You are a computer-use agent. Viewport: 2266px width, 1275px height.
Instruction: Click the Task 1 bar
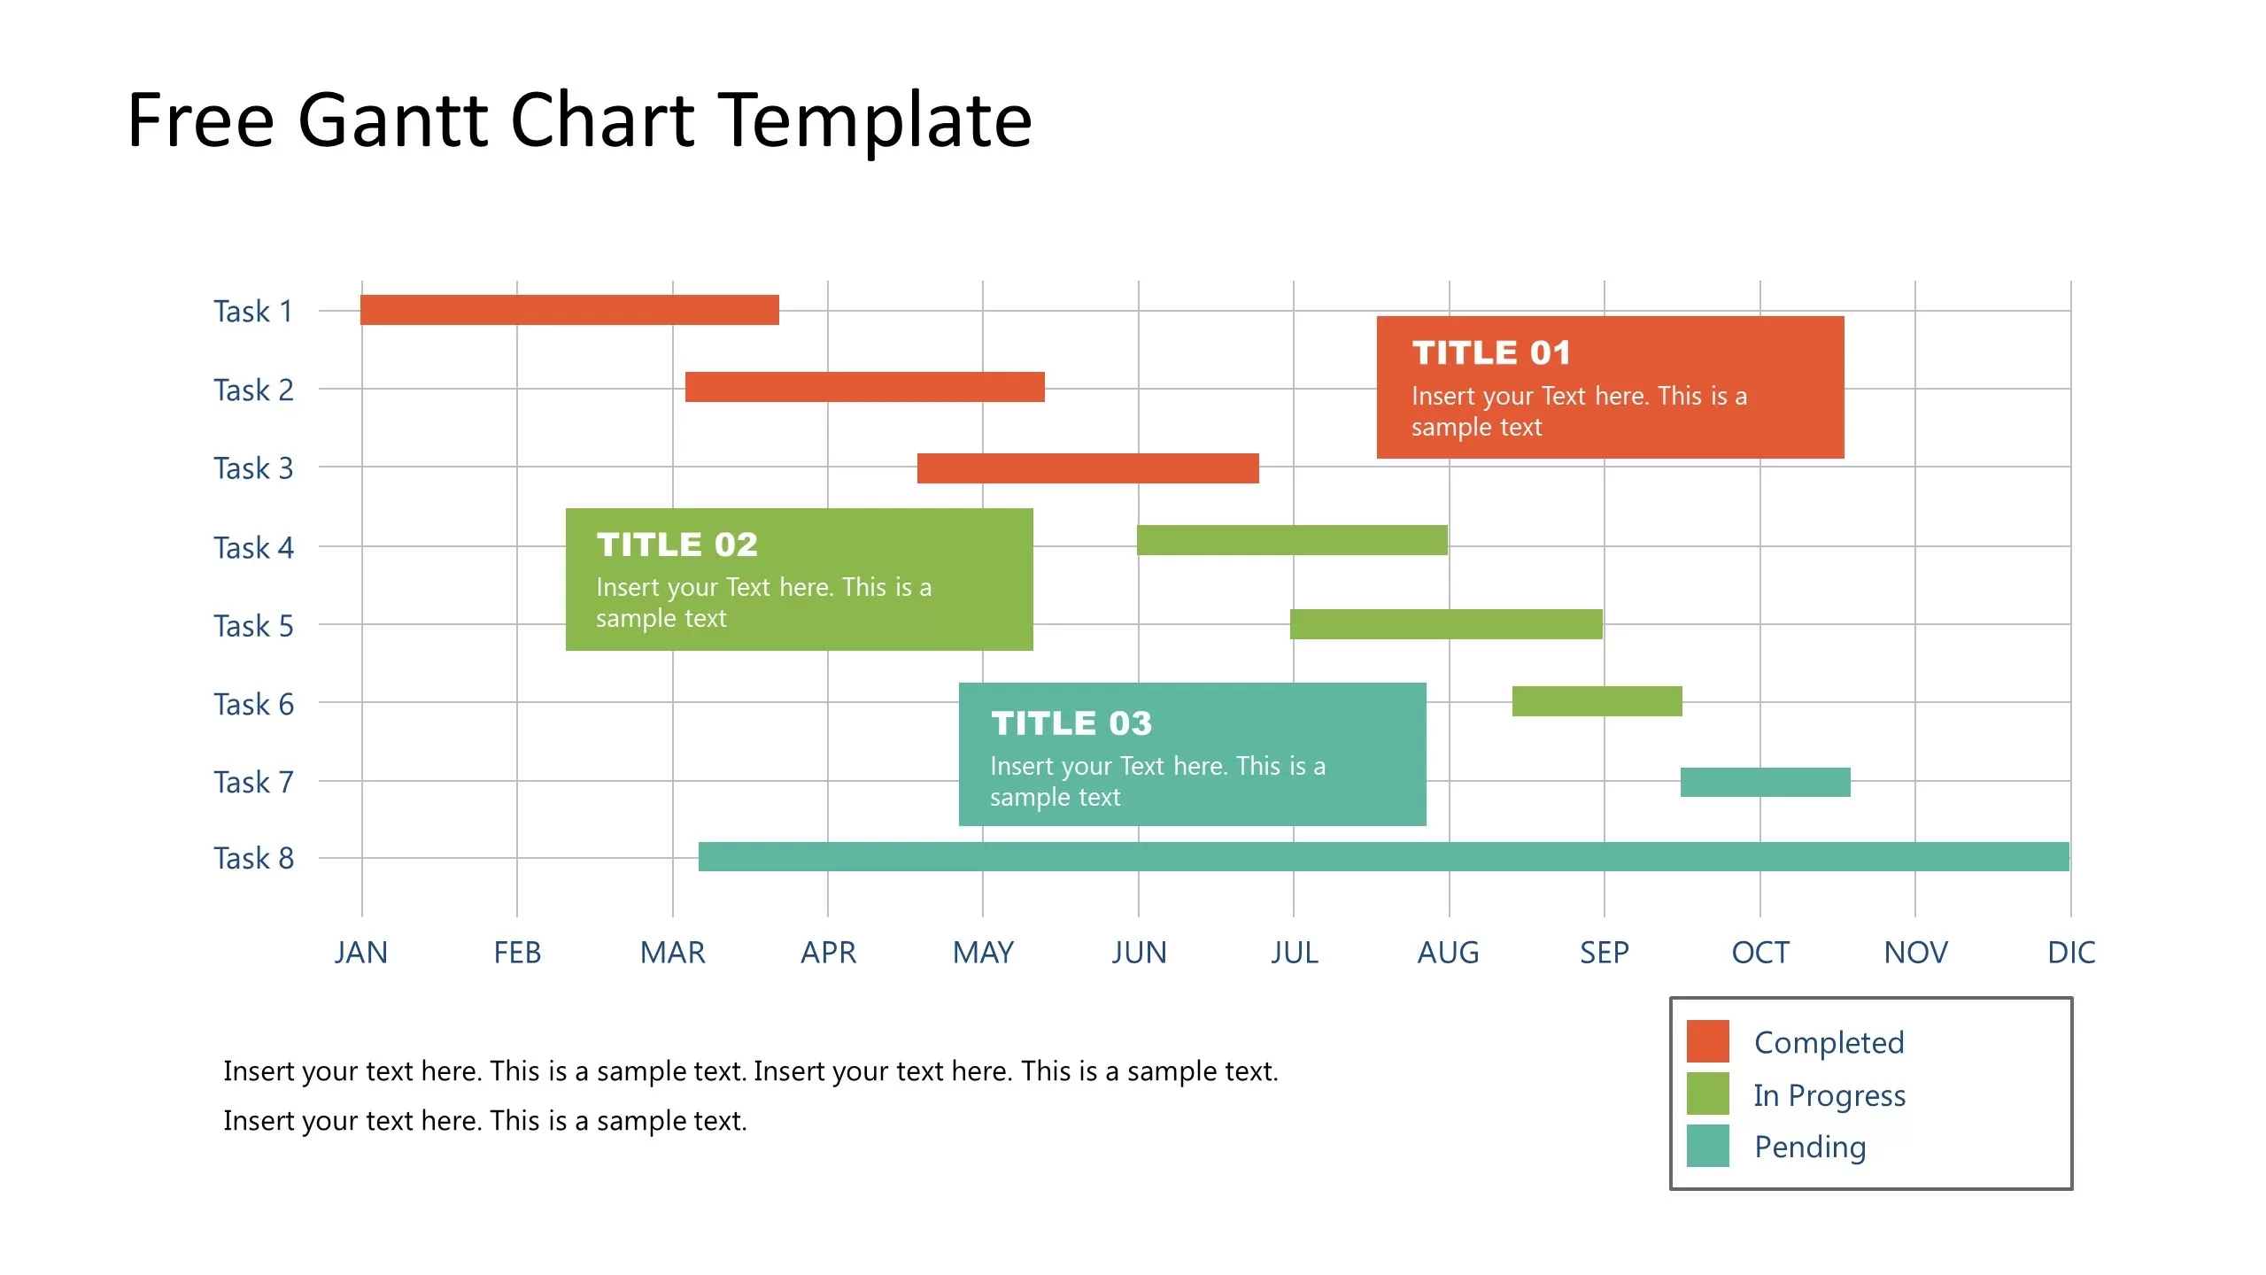(569, 310)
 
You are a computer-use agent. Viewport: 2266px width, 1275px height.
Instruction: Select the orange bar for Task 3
(1087, 468)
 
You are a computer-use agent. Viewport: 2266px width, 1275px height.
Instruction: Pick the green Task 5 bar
(1445, 624)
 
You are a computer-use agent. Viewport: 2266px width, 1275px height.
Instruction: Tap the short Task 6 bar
(1597, 701)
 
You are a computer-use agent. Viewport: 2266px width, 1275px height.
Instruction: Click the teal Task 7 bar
(1765, 782)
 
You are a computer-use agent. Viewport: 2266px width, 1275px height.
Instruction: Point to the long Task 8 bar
(1383, 856)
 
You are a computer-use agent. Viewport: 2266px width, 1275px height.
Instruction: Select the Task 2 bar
(864, 387)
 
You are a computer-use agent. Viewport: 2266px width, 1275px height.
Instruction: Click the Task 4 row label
(253, 548)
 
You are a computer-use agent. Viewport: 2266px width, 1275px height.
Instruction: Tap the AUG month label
(1448, 953)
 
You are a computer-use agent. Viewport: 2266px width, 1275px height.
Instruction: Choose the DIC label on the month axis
(2071, 953)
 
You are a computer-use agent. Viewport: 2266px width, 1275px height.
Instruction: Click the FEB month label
(517, 953)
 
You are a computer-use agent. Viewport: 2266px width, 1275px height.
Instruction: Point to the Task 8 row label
(253, 858)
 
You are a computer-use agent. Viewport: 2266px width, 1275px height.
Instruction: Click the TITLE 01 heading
(1491, 352)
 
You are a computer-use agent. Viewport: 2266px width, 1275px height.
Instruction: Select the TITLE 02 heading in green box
(677, 545)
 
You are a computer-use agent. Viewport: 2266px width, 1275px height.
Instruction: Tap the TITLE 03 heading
(1071, 723)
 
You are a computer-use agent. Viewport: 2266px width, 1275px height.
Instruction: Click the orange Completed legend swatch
(1707, 1041)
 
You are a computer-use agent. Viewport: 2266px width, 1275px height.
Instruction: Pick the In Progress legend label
(1829, 1095)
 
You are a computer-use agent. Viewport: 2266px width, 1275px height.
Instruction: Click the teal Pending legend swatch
(1707, 1146)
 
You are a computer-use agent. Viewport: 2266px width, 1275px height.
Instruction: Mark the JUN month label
(1139, 953)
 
